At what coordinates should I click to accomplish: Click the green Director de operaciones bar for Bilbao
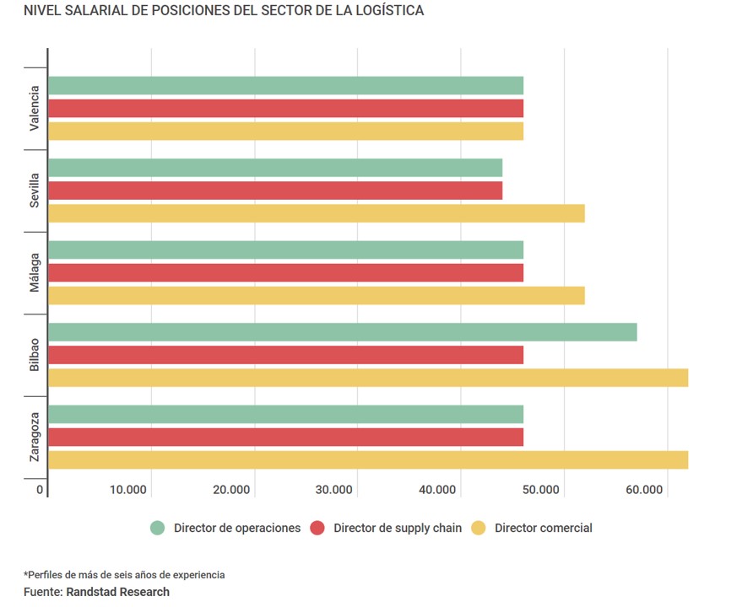coord(342,332)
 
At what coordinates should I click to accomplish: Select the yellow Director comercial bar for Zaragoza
coord(368,459)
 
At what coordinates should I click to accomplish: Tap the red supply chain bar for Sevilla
coord(275,191)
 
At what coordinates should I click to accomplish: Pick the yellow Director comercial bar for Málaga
coord(317,295)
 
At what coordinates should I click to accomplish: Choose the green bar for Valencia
coord(285,85)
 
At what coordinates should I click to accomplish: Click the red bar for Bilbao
coord(285,355)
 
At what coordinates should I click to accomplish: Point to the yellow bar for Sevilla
coord(317,213)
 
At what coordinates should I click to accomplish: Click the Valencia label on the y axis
coord(34,108)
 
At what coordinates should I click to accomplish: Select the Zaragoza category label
coord(34,437)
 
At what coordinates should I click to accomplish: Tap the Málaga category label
coord(34,272)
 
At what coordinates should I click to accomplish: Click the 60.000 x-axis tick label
coord(645,490)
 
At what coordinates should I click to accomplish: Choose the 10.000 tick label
coord(128,490)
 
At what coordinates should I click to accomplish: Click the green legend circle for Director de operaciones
coord(157,529)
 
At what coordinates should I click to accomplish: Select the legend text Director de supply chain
coord(398,529)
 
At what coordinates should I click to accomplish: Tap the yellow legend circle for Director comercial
coord(479,529)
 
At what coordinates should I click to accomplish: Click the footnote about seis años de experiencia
coord(124,575)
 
